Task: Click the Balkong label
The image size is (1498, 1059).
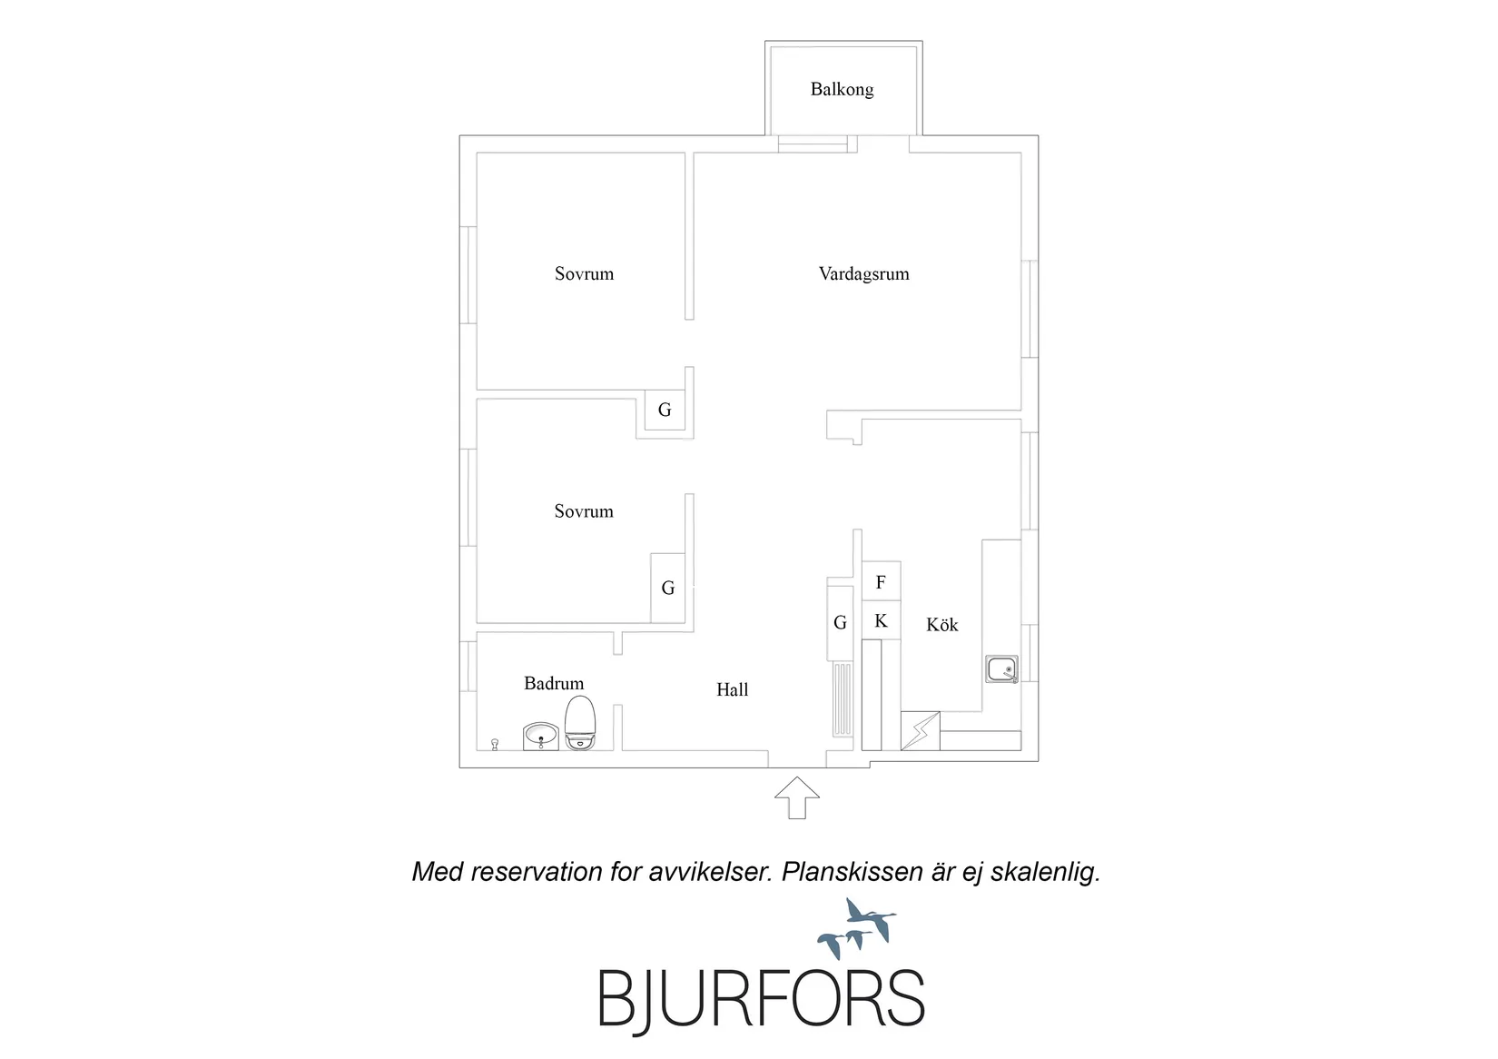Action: (x=842, y=90)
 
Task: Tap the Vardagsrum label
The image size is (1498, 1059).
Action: (x=864, y=273)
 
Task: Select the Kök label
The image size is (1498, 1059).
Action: (x=941, y=625)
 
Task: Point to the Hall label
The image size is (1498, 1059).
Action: (x=733, y=689)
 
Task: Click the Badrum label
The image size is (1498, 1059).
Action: (x=554, y=683)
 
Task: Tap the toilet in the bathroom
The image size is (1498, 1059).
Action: (x=580, y=723)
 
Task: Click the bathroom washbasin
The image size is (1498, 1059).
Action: (x=540, y=737)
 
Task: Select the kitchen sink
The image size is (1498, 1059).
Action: (x=1001, y=669)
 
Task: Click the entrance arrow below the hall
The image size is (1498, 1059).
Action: (x=796, y=797)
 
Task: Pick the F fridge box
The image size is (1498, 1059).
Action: (x=881, y=581)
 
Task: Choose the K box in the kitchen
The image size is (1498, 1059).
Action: (x=881, y=620)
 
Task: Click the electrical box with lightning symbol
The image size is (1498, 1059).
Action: (x=921, y=731)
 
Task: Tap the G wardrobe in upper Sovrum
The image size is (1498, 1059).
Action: (x=665, y=411)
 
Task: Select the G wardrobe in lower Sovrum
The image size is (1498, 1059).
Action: (x=668, y=588)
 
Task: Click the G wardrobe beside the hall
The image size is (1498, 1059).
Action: (x=840, y=623)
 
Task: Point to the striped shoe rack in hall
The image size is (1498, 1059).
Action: (x=843, y=699)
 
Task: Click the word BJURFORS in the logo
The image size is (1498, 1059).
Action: (x=762, y=998)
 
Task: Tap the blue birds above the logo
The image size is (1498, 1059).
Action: (x=857, y=928)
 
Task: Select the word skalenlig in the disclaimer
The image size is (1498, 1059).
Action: (x=1045, y=872)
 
